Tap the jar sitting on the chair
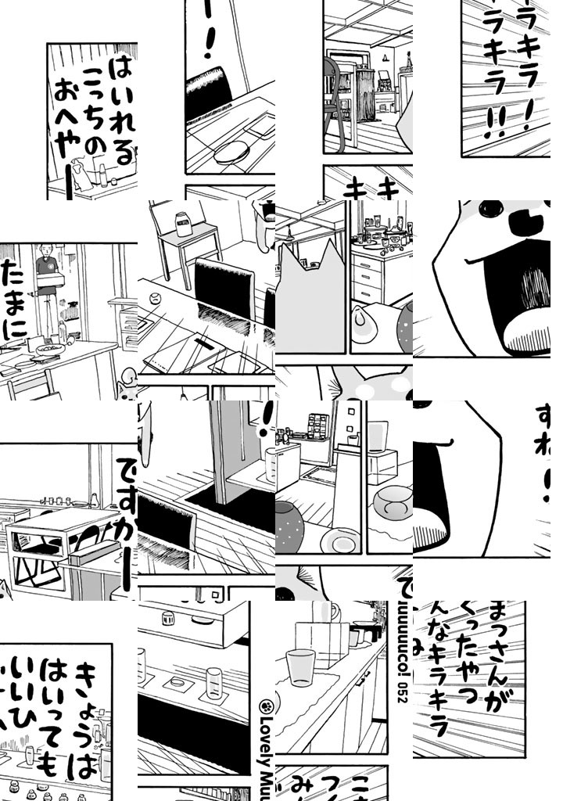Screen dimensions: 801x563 [185, 224]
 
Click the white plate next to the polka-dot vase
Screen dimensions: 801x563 [340, 540]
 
